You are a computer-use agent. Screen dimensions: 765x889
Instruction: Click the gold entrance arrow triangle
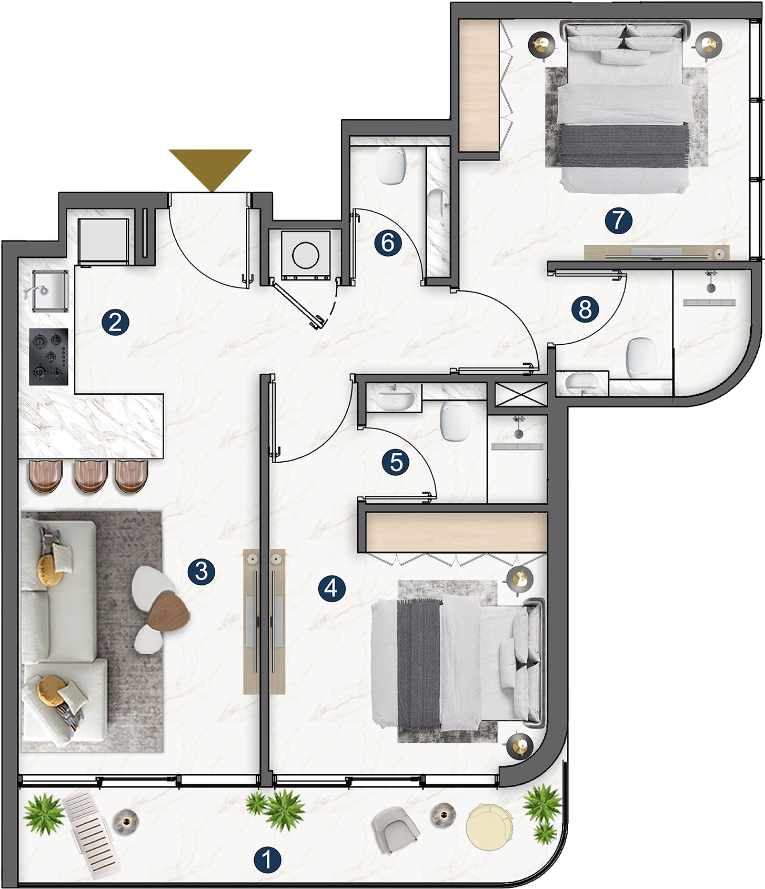[x=210, y=166]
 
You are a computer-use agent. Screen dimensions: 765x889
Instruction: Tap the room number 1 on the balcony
[x=267, y=860]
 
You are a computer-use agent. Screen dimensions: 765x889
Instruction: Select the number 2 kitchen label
[x=116, y=322]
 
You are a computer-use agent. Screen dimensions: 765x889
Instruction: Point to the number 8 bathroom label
[x=586, y=309]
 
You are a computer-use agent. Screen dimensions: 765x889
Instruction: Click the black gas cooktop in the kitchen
[x=49, y=356]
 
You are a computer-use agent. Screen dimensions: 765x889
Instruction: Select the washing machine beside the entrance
[x=306, y=255]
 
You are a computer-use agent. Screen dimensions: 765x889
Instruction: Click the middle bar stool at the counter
[x=91, y=476]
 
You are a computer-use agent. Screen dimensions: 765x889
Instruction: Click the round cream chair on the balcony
[x=489, y=826]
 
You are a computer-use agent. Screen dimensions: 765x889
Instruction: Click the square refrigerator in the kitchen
[x=104, y=241]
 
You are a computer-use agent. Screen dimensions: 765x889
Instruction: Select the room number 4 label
[x=332, y=587]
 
